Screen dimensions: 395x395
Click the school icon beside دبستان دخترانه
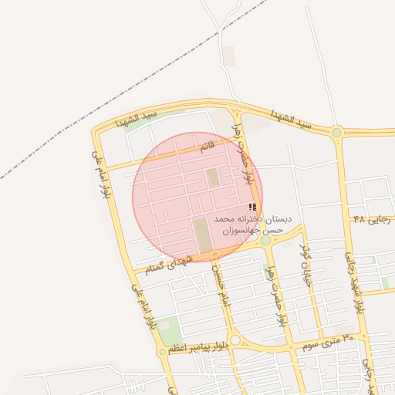(252, 207)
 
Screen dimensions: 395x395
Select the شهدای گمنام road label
(167, 262)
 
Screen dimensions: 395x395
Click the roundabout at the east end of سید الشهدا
(336, 133)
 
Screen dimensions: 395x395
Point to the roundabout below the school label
(265, 241)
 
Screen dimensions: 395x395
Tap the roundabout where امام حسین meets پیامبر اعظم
(235, 340)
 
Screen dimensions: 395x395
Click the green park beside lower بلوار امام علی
(170, 330)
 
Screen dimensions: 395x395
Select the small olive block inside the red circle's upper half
(213, 178)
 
